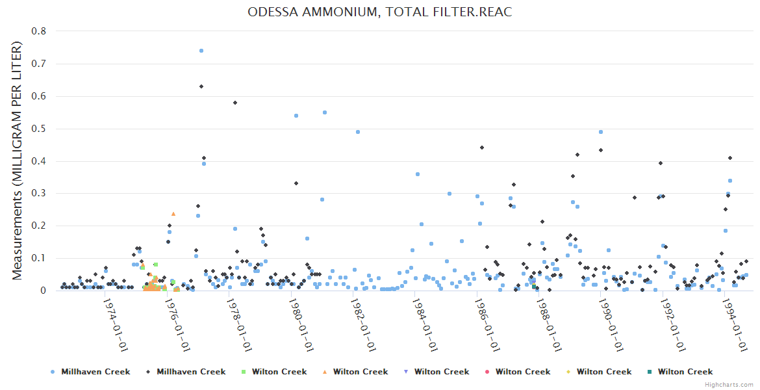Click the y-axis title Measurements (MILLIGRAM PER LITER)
click(x=18, y=161)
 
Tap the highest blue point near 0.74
click(x=201, y=51)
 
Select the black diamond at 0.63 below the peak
click(x=201, y=86)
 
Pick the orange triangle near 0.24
click(x=173, y=213)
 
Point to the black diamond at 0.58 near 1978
click(x=235, y=103)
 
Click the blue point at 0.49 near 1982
click(x=357, y=132)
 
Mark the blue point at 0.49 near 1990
click(x=601, y=132)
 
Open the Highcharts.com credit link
click(x=729, y=385)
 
